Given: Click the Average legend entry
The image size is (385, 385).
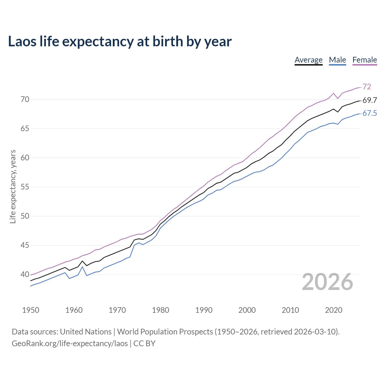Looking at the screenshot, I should coord(308,60).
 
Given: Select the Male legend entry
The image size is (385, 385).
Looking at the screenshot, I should coord(337,60).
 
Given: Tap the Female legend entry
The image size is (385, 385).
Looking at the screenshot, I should coord(365,60).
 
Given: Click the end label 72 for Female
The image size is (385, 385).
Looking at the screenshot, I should coord(367,87).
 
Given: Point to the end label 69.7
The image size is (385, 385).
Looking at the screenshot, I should coord(370,100).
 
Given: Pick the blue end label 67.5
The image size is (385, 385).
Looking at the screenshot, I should coord(370,113).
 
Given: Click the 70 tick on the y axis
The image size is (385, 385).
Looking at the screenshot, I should coord(25,99).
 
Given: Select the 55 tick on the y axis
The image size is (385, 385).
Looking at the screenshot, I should coord(25,187).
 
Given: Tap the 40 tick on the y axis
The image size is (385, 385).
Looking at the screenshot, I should coord(25,274).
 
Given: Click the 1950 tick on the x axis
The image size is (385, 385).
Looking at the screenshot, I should coord(31,310).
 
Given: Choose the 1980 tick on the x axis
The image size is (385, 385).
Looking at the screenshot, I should coord(160,310).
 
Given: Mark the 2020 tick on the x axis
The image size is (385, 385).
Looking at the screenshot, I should coord(334,310).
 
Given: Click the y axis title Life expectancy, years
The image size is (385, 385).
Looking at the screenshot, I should coord(13,186).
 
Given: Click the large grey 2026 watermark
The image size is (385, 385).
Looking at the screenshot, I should coord(327,282).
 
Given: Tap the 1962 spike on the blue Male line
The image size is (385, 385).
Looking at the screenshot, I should coord(82,267).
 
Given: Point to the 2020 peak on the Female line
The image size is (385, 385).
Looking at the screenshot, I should coord(334,93).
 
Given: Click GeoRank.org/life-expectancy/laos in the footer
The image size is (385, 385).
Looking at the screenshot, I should coord(70,343).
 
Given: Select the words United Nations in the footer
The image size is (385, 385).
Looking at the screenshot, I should coord(86,332).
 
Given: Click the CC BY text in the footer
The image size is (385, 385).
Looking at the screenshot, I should coord(144,343).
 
